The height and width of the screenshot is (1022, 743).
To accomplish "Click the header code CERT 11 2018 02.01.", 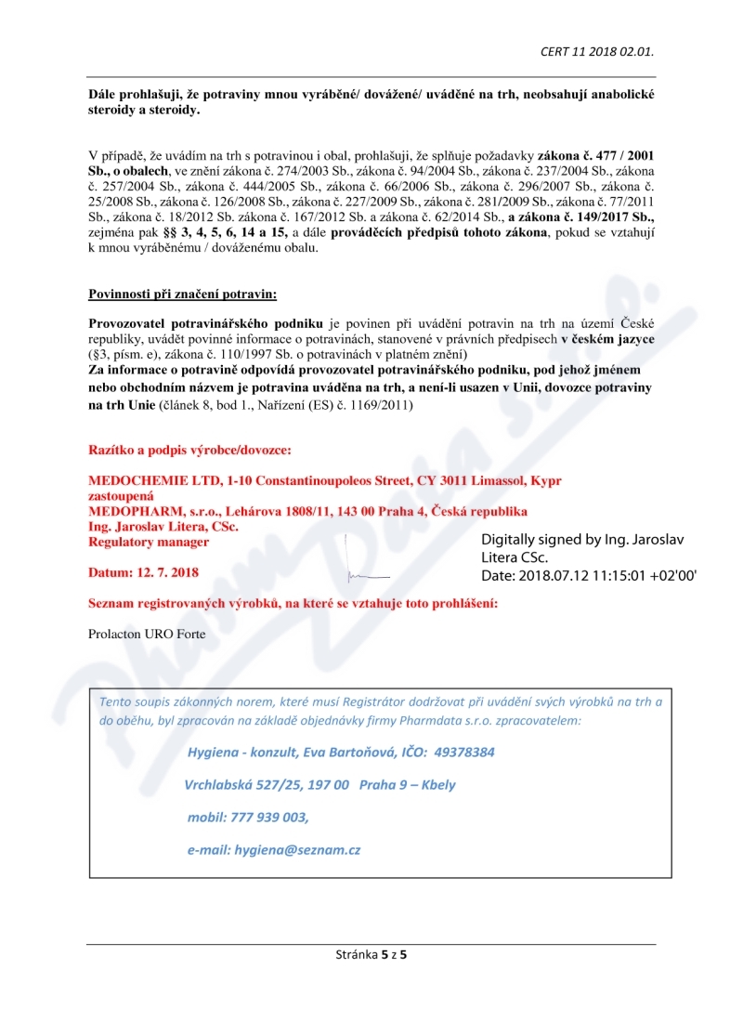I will [603, 51].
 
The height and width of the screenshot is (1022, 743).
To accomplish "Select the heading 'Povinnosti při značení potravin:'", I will [182, 295].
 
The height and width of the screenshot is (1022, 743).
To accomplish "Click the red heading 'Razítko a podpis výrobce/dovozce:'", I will [189, 451].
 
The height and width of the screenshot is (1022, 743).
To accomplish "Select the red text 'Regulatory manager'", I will [149, 542].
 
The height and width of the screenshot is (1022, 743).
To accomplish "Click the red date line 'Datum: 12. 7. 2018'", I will [143, 572].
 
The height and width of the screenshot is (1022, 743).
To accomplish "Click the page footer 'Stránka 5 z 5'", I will [371, 954].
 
